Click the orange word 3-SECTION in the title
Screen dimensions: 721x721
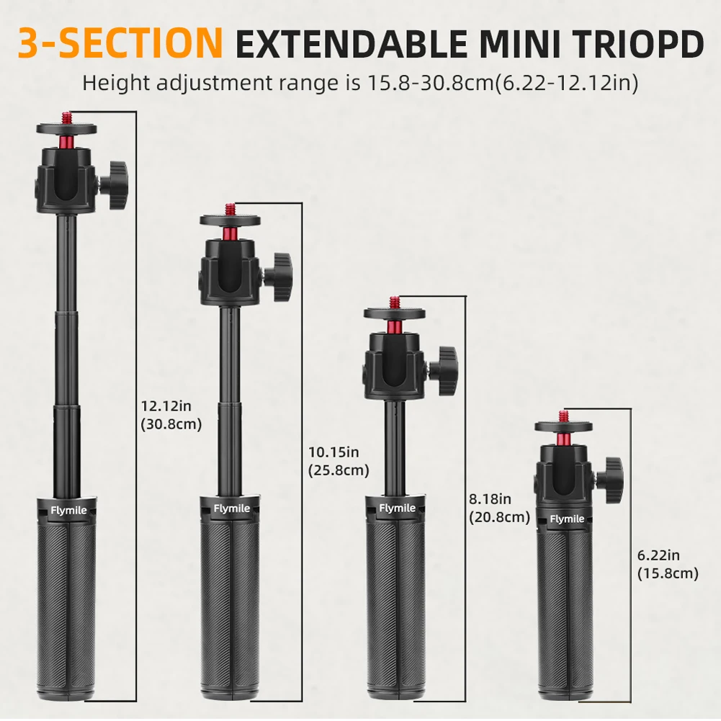point(120,43)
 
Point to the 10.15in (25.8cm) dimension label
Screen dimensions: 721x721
point(336,461)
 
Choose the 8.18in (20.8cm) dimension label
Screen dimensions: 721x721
point(499,508)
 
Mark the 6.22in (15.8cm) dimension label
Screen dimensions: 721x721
point(668,564)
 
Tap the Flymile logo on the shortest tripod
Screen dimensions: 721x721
point(568,519)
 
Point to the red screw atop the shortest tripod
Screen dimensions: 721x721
point(562,416)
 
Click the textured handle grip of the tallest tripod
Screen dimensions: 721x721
point(70,591)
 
